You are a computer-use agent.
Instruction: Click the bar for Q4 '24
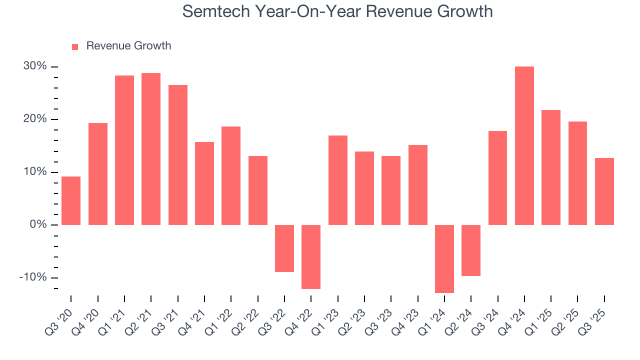(x=524, y=145)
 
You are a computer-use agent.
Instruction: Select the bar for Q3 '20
(x=71, y=200)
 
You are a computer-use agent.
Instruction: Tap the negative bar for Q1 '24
(x=444, y=258)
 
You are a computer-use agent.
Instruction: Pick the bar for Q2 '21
(x=151, y=149)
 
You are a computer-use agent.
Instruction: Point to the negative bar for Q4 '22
(x=311, y=256)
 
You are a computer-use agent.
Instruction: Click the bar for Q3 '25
(x=604, y=191)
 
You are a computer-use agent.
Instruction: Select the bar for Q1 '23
(x=337, y=180)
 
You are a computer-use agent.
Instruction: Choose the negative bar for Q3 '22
(x=284, y=248)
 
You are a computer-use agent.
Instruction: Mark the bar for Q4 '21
(x=204, y=183)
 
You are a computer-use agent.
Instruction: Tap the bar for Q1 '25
(x=550, y=167)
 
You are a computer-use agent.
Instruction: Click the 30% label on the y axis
(x=34, y=66)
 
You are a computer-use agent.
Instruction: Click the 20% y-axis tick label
(x=34, y=119)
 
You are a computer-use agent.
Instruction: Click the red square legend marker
(x=75, y=46)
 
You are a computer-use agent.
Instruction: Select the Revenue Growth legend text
(x=128, y=46)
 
